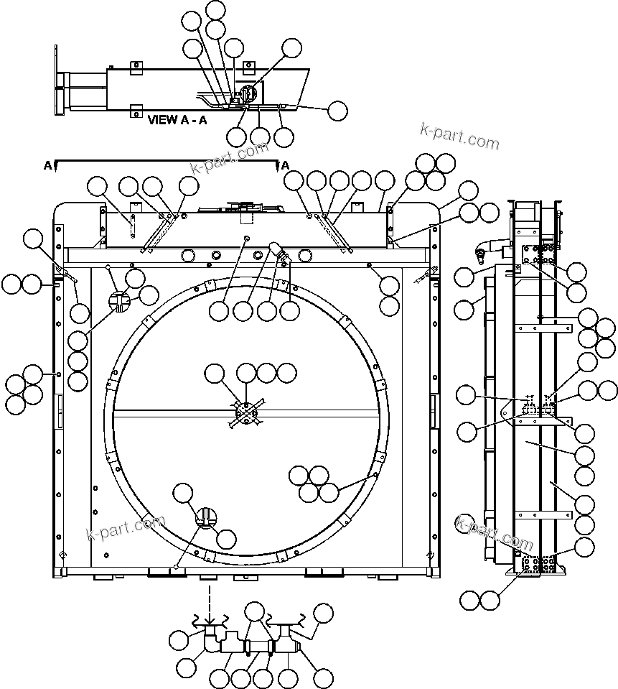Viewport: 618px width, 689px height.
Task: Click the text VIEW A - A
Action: click(177, 120)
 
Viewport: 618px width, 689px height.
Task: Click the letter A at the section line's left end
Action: click(48, 166)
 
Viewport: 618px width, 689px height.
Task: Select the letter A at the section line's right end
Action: click(285, 166)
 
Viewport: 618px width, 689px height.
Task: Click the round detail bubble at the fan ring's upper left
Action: click(121, 302)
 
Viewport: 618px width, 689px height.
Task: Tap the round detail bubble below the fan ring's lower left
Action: click(205, 517)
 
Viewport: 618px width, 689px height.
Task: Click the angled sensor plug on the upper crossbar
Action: click(276, 249)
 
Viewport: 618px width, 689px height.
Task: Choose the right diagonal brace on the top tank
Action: click(334, 231)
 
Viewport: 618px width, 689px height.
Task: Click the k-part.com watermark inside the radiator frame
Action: click(126, 529)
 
